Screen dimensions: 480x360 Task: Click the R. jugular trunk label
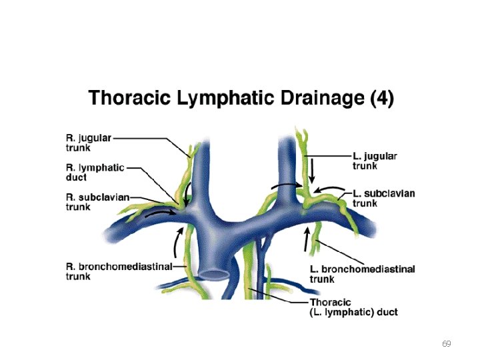point(89,142)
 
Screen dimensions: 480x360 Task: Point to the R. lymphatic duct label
point(95,172)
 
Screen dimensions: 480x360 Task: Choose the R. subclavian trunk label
point(97,202)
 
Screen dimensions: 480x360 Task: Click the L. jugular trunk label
point(375,161)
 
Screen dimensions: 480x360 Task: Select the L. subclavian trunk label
point(383,198)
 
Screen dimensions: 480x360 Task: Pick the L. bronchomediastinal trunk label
point(363,274)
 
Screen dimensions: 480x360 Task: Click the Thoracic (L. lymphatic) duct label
point(354,307)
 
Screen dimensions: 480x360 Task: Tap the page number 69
point(447,344)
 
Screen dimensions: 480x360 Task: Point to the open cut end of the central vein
point(213,274)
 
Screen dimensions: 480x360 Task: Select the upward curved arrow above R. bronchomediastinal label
point(178,241)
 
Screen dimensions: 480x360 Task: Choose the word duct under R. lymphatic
point(76,178)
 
